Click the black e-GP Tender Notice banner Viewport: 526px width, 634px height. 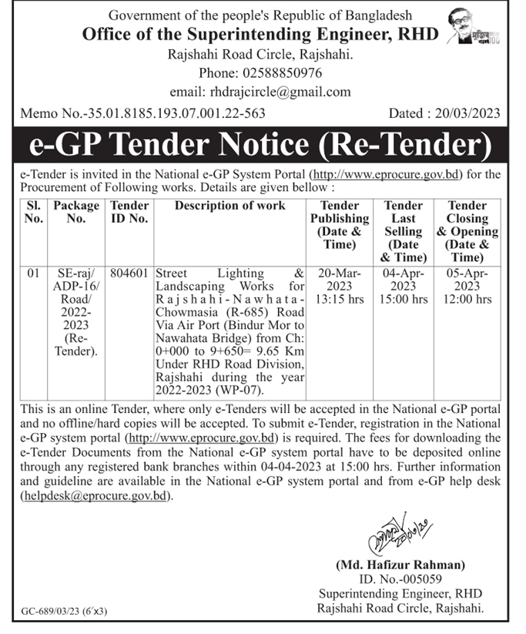pyautogui.click(x=263, y=144)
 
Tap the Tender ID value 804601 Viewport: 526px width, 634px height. pyautogui.click(x=129, y=273)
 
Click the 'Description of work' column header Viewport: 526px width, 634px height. pyautogui.click(x=229, y=206)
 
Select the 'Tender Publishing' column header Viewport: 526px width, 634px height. pyautogui.click(x=340, y=224)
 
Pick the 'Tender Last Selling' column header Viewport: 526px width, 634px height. pyautogui.click(x=404, y=230)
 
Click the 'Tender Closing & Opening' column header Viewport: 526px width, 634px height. pyautogui.click(x=467, y=230)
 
